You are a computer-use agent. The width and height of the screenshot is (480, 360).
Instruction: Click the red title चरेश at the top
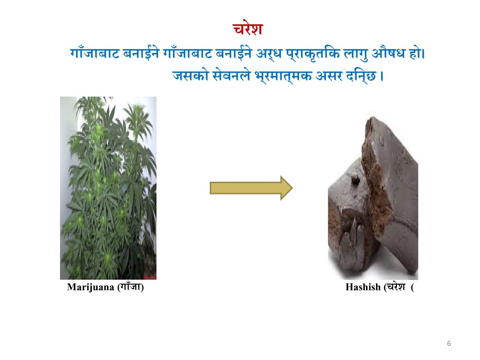click(x=247, y=29)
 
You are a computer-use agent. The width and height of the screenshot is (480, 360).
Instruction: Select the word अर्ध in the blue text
click(x=269, y=54)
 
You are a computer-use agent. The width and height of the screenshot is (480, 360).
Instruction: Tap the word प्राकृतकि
click(x=313, y=54)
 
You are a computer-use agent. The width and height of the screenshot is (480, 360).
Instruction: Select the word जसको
click(x=190, y=75)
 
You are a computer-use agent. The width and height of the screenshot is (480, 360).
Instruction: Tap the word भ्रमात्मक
click(x=283, y=76)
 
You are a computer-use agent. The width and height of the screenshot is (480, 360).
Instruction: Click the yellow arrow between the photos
click(x=251, y=188)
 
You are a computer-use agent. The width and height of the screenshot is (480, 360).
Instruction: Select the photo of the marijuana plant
click(x=108, y=188)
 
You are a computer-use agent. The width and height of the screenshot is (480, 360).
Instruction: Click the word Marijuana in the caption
click(x=90, y=287)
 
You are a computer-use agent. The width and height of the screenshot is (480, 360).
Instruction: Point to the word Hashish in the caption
click(x=363, y=287)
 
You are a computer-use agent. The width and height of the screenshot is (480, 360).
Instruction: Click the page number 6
click(x=449, y=343)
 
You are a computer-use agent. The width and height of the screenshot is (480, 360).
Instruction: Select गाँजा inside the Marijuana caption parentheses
click(x=131, y=286)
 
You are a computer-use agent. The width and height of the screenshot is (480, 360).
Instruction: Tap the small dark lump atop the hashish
click(x=355, y=180)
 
